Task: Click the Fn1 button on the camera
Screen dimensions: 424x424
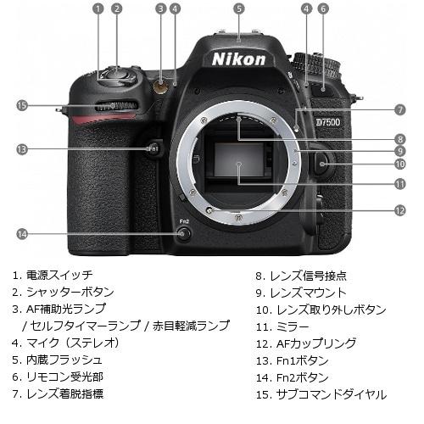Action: coord(153,149)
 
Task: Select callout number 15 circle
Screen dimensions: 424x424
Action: coord(22,105)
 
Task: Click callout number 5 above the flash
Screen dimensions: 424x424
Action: coord(239,8)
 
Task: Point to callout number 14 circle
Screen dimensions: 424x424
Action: coord(22,233)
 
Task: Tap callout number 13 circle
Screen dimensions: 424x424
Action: coord(22,149)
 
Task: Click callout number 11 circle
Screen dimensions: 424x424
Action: coord(399,182)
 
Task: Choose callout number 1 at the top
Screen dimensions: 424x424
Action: coord(98,8)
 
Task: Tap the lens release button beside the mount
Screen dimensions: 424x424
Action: coord(321,163)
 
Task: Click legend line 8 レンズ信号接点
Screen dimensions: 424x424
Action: coord(300,276)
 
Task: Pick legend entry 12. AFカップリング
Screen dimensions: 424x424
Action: coord(301,343)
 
